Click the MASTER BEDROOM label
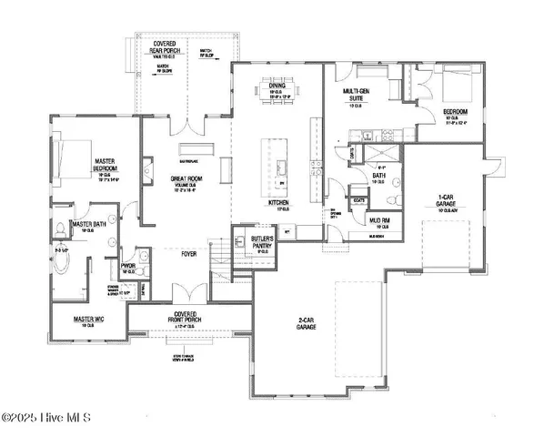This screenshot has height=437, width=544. [x=104, y=165]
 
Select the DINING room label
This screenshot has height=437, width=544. [x=277, y=86]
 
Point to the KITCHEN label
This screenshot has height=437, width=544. [x=279, y=203]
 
